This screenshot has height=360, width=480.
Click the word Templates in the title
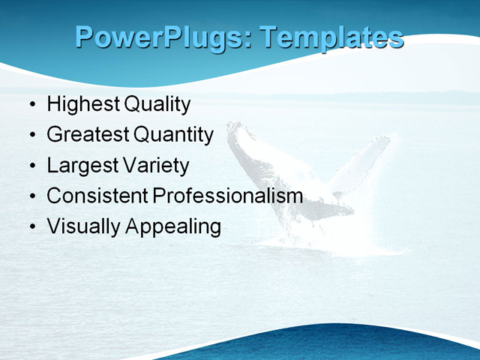(331, 37)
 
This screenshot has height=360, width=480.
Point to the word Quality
(157, 104)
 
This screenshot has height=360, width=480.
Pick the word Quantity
(174, 135)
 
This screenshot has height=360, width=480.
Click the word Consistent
(97, 196)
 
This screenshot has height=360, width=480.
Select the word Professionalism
(228, 196)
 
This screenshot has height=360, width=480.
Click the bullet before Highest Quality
(31, 105)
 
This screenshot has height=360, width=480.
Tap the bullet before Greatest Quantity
(31, 136)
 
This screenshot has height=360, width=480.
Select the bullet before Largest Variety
(31, 166)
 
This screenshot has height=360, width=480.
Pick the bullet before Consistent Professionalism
(31, 196)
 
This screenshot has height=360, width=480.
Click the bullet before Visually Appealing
(31, 226)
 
